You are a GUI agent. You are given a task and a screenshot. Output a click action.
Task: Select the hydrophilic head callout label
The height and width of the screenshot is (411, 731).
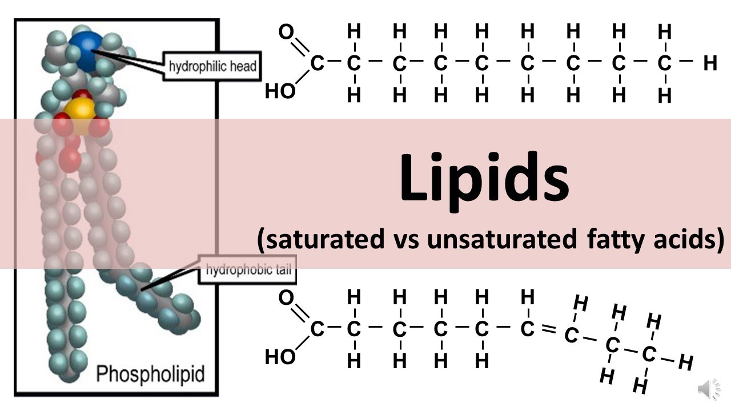(212, 67)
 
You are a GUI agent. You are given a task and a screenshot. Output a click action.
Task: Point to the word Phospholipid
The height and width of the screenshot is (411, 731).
(150, 374)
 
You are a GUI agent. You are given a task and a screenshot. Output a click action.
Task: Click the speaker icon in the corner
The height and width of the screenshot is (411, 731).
(708, 389)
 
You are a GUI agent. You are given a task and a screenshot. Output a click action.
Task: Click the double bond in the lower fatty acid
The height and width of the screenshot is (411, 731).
(548, 331)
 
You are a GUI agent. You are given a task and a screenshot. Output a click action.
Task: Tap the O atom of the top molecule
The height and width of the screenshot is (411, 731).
(286, 32)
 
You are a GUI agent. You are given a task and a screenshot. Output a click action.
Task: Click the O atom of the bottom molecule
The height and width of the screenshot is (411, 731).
(286, 298)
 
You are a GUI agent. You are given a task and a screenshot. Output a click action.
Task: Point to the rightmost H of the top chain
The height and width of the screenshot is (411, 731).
(710, 63)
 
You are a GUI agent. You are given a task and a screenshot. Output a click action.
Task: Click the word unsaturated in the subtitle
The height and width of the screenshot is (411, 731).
(502, 240)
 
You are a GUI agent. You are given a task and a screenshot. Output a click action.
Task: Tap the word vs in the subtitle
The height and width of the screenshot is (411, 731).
(406, 240)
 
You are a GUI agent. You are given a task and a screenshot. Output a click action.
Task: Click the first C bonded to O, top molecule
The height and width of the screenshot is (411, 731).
(317, 63)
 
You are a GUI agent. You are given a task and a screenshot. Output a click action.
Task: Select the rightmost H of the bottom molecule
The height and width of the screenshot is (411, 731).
(686, 362)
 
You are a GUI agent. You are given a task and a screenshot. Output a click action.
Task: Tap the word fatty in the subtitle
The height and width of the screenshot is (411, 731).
(613, 240)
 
